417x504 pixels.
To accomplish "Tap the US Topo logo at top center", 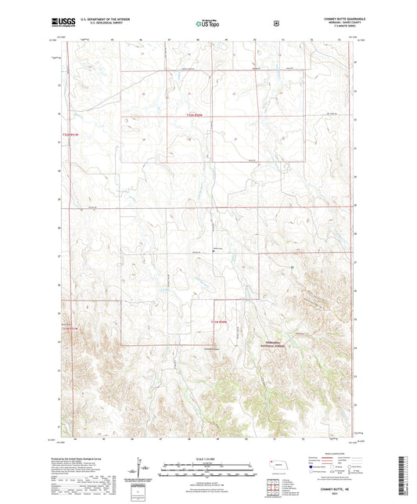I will [207, 23].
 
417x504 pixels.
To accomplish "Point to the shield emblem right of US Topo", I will [275, 23].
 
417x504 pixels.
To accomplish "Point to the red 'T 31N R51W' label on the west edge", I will [70, 328].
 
